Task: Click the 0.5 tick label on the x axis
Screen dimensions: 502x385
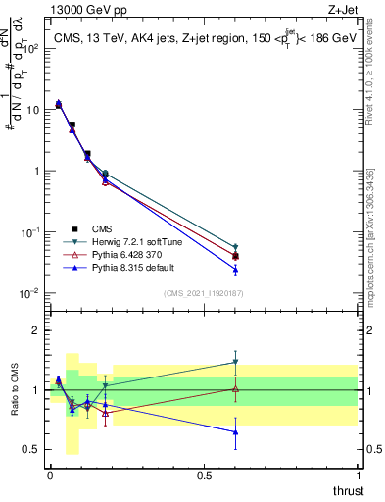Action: (204, 476)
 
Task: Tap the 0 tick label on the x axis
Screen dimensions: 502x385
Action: (50, 476)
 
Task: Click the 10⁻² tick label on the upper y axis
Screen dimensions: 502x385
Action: (29, 293)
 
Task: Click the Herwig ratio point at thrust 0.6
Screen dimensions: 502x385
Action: (235, 362)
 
